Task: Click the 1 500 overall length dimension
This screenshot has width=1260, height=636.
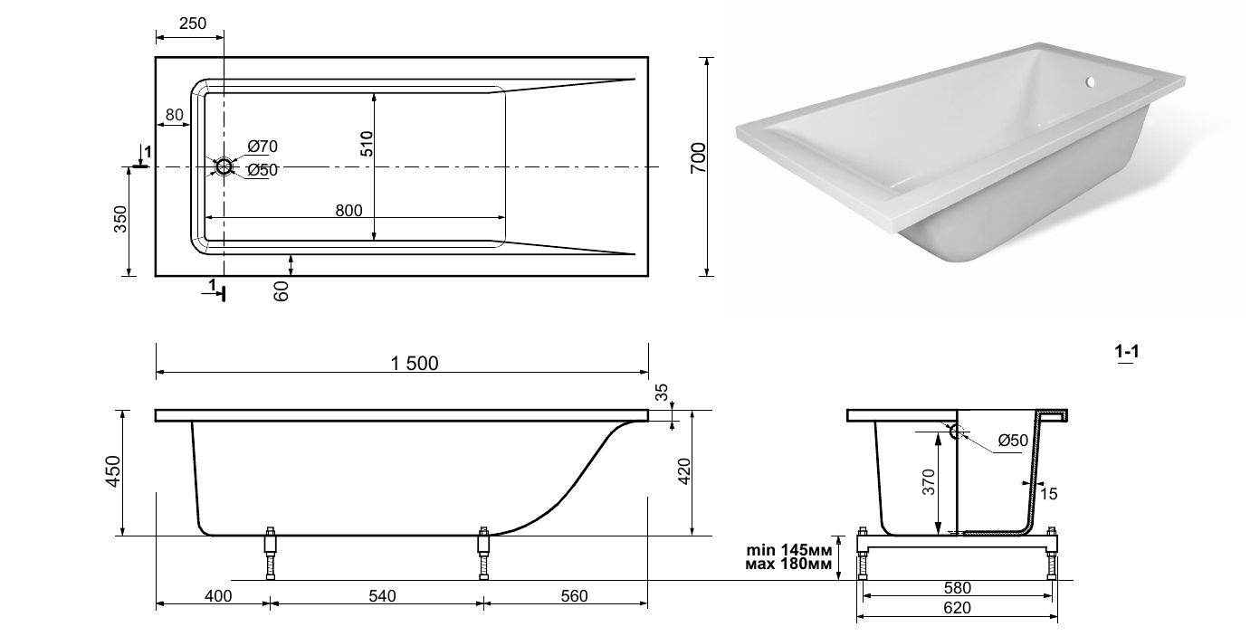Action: coord(415,364)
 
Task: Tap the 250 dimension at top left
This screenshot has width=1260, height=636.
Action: coord(193,24)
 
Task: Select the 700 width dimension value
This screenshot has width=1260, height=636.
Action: coord(698,158)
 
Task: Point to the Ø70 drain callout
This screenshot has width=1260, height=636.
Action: coord(262,147)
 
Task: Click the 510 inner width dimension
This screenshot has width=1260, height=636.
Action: coord(367,144)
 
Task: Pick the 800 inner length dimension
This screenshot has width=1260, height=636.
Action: coord(348,210)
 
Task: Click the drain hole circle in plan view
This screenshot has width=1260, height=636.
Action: coord(224,167)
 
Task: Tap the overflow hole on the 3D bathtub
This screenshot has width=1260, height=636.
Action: coord(1090,82)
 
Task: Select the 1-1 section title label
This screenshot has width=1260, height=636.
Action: coord(1127,351)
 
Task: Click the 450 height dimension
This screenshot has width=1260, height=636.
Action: coord(114,471)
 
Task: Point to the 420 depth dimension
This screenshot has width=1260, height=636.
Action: coord(684,471)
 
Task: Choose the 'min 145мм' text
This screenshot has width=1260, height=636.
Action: coord(788,550)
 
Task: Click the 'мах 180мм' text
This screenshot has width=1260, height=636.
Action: coord(788,564)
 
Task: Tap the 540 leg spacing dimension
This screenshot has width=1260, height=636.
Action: coord(383,595)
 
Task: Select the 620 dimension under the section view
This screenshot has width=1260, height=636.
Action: coord(958,608)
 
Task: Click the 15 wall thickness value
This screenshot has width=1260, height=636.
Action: coord(1048,494)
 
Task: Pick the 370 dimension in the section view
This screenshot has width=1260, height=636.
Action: coord(929,482)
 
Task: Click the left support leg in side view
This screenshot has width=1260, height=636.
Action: coord(271,554)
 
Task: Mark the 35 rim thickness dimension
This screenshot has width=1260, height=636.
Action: coord(663,392)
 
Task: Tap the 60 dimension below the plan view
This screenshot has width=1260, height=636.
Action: coord(282,291)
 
